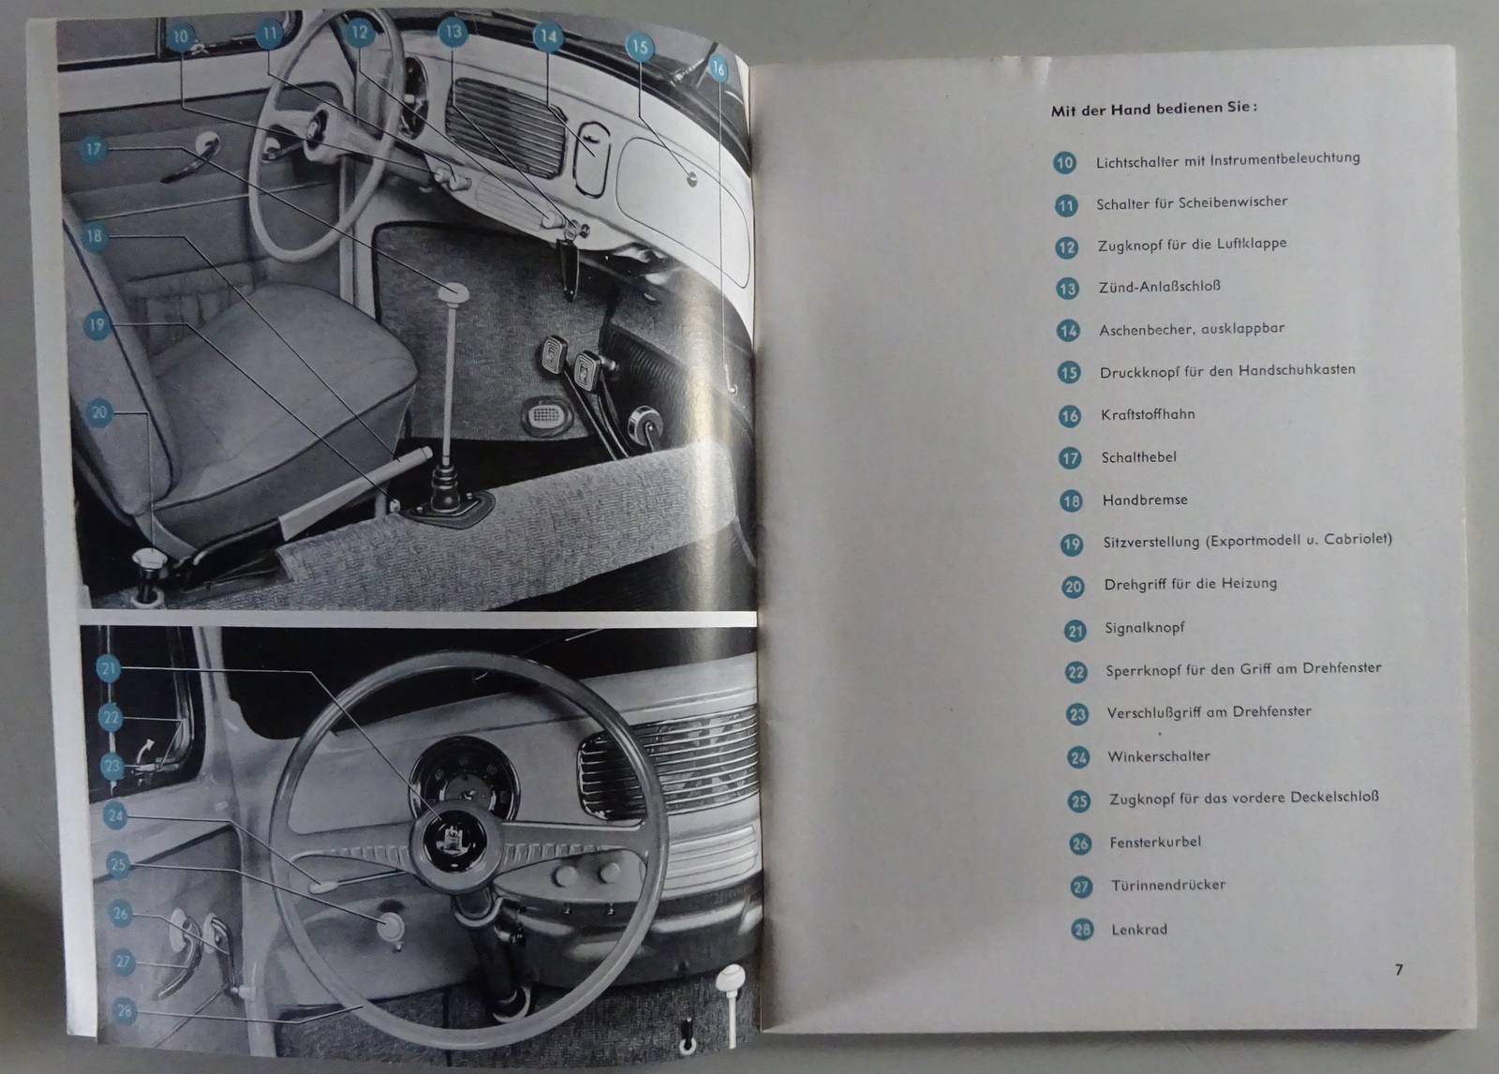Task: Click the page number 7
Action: [1398, 970]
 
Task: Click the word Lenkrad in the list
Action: [1139, 930]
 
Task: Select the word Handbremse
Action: [1145, 500]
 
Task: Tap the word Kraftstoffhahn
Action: [1148, 414]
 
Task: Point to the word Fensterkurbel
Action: [1155, 842]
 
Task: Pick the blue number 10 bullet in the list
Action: [1064, 163]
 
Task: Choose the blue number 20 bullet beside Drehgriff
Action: [1073, 588]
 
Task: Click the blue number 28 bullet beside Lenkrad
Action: [1082, 930]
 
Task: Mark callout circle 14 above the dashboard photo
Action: [548, 37]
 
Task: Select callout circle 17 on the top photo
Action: [93, 148]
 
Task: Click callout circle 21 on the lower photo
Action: [109, 668]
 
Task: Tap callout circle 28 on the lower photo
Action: [125, 1010]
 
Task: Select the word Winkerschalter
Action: [1159, 756]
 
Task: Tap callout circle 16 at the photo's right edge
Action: [717, 69]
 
